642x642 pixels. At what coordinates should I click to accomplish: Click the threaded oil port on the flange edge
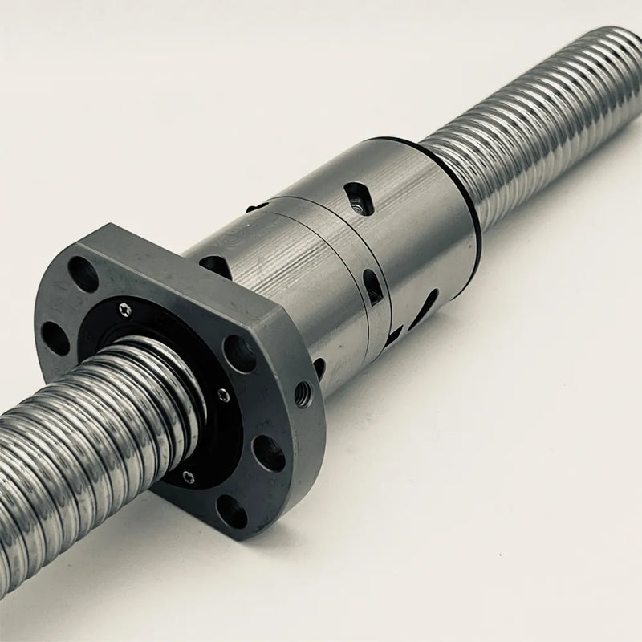point(303,393)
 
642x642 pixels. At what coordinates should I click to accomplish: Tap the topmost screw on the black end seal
point(124,307)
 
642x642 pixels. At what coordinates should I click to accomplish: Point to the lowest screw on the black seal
point(188,477)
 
